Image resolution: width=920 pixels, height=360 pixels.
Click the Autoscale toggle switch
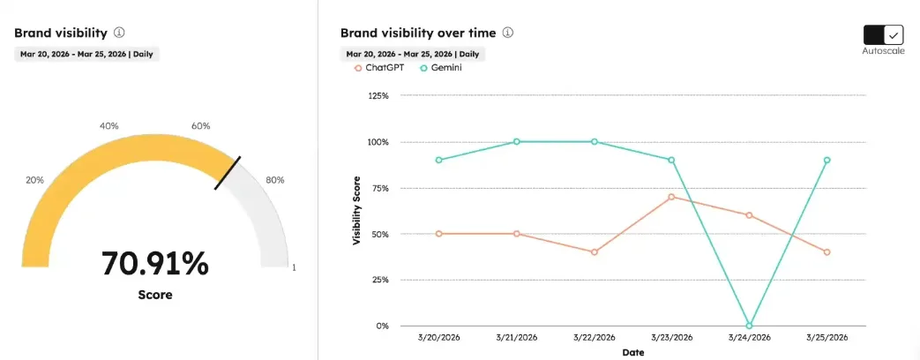(x=884, y=34)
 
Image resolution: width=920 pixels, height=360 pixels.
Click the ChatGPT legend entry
(x=379, y=68)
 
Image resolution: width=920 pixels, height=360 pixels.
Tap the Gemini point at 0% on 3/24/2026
(x=749, y=326)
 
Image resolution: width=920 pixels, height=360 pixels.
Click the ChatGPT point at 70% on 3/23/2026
(x=671, y=197)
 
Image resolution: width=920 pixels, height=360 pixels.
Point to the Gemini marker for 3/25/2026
(x=826, y=160)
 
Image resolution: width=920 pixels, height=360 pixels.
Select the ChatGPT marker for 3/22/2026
(x=594, y=251)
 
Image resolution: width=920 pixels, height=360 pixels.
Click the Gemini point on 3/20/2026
(x=439, y=160)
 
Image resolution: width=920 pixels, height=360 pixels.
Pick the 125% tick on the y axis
(x=377, y=95)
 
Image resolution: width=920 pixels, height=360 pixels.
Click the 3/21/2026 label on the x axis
(x=517, y=338)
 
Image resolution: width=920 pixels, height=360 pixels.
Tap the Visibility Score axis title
(x=357, y=211)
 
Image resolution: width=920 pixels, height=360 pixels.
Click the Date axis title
(x=632, y=353)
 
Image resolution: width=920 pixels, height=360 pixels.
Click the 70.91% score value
(x=154, y=263)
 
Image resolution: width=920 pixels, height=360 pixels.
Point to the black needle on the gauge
(x=228, y=173)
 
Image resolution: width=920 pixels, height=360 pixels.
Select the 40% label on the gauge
(x=109, y=126)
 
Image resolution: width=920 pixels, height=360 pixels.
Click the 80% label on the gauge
(x=275, y=180)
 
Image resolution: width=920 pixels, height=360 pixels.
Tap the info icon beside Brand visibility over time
(x=508, y=33)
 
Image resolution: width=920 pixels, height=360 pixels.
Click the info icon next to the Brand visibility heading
(x=119, y=33)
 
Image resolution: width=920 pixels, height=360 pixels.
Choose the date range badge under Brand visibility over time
(x=412, y=54)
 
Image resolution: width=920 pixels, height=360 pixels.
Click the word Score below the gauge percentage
(x=155, y=295)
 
